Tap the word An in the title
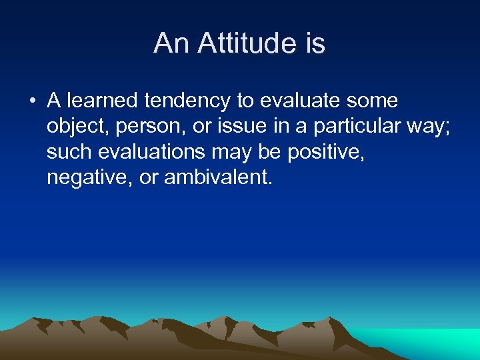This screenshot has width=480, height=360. (169, 44)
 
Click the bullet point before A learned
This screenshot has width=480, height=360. (31, 102)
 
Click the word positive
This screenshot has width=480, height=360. (327, 153)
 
